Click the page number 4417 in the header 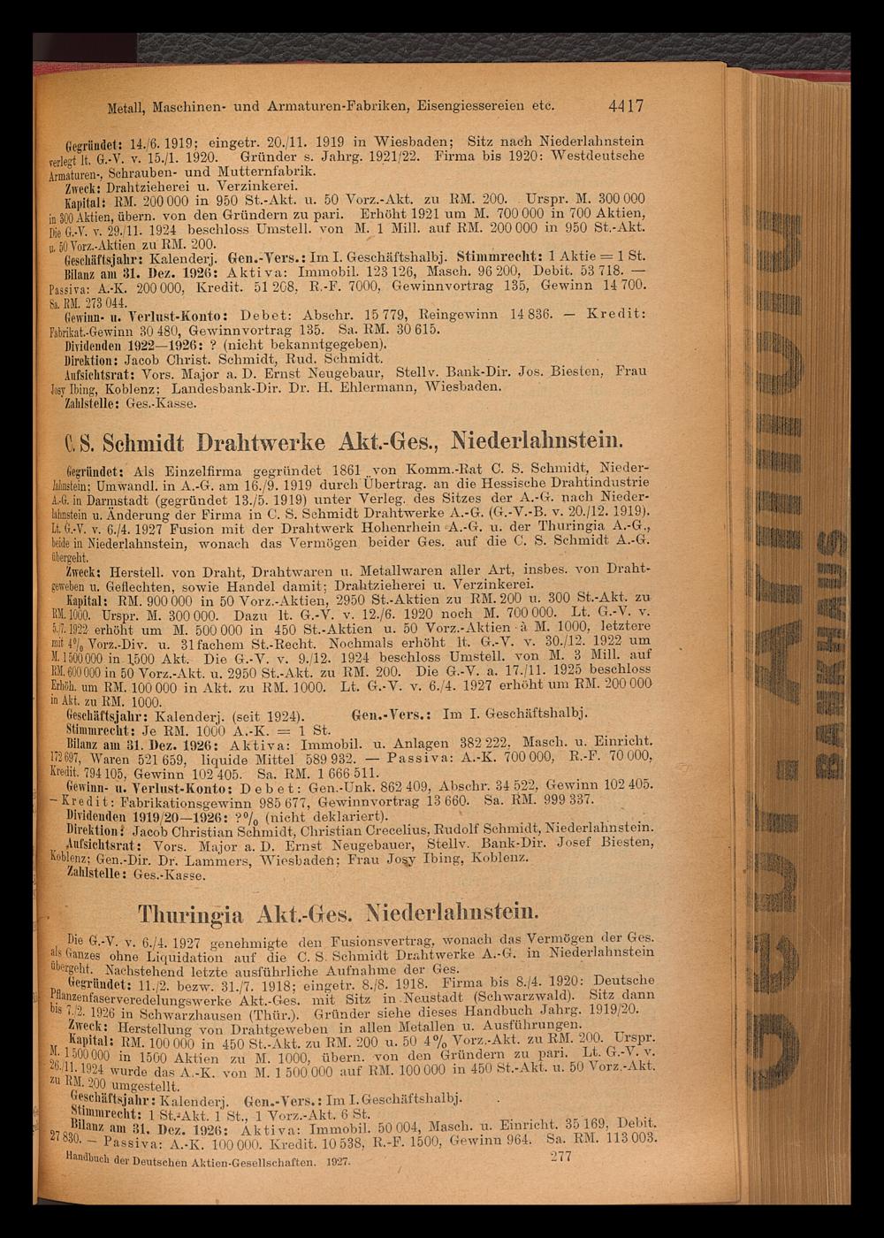point(625,105)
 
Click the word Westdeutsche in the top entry point(598,157)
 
